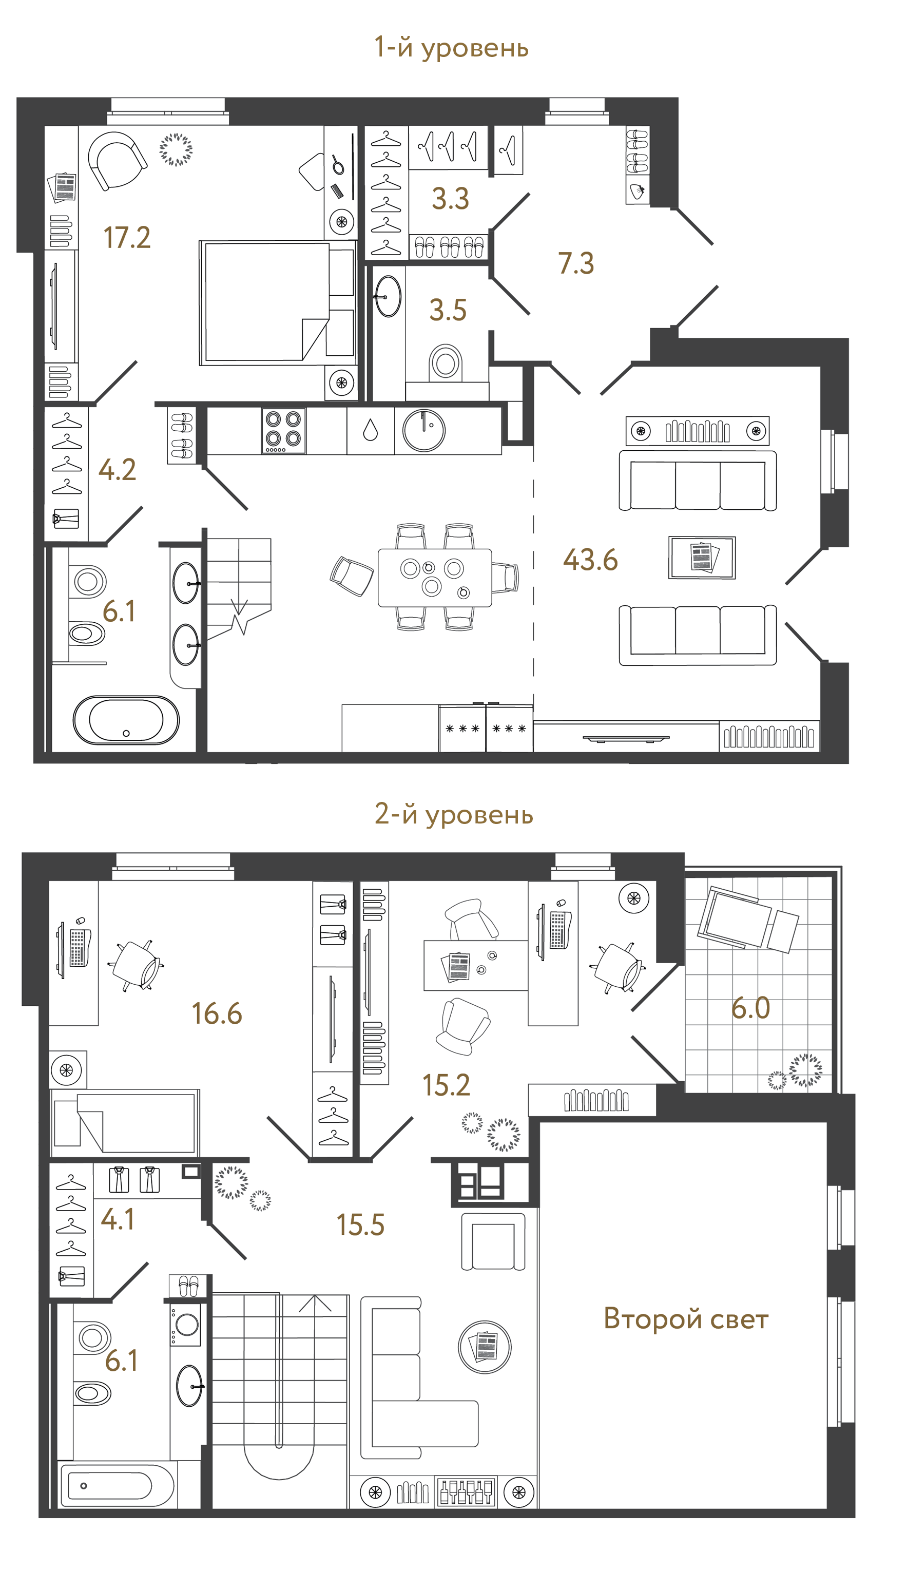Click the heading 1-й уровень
pyautogui.click(x=451, y=48)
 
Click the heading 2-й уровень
pyautogui.click(x=454, y=814)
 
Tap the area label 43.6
pyautogui.click(x=590, y=560)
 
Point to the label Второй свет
pyautogui.click(x=686, y=1319)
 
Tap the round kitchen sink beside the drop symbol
pyautogui.click(x=423, y=430)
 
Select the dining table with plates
pyautogui.click(x=435, y=578)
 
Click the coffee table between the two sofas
pyautogui.click(x=702, y=557)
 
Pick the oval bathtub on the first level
pyautogui.click(x=126, y=720)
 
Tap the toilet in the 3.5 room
pyautogui.click(x=446, y=362)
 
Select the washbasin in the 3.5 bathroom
pyautogui.click(x=389, y=297)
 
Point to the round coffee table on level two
pyautogui.click(x=485, y=1347)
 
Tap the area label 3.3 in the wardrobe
pyautogui.click(x=450, y=199)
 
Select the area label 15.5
pyautogui.click(x=360, y=1225)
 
